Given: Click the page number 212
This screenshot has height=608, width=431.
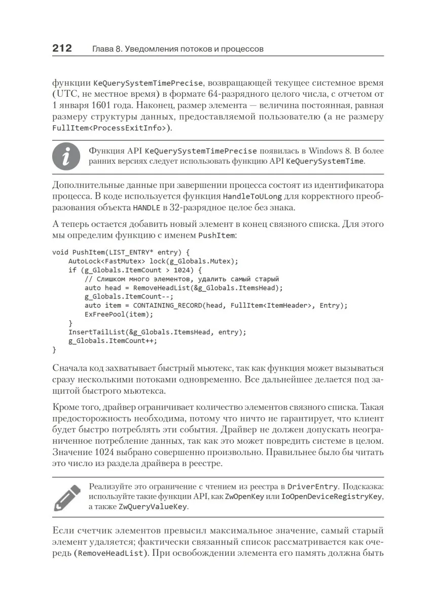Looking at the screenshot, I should coord(62,49).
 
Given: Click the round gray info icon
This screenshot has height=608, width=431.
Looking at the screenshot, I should coord(66,156).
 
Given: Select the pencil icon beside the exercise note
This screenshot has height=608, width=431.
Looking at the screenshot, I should coord(67,497).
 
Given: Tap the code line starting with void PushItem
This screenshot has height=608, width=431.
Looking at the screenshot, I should coord(121,252).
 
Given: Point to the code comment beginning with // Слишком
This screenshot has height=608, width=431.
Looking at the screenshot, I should coord(182,279).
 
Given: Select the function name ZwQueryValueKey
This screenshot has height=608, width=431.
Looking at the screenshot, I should coord(153,506).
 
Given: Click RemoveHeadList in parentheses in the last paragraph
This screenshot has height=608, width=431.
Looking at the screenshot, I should coord(109,553).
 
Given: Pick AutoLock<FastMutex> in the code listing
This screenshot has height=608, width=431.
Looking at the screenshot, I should coord(100,261).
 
